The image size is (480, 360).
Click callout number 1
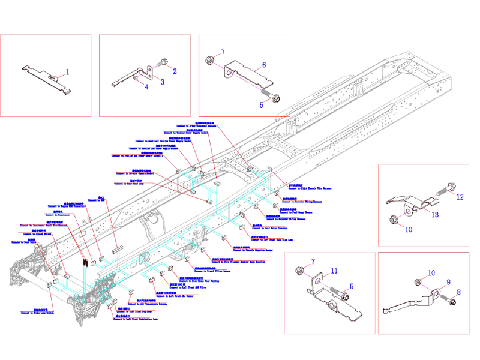point(67,72)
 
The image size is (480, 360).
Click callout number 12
point(460,197)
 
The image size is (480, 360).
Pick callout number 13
point(436,215)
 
